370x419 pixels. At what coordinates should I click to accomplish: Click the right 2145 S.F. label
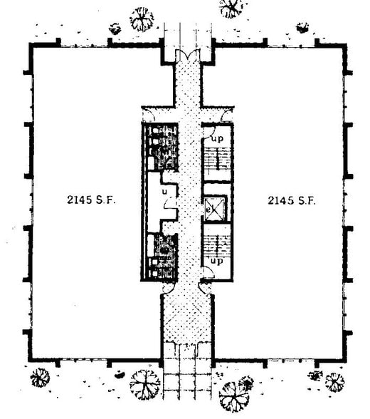coord(291,200)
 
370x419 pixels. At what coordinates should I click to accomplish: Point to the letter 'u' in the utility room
coord(164,191)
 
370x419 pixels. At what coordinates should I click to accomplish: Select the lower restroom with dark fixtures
coord(162,254)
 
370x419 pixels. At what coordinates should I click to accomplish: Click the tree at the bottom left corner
coord(41,377)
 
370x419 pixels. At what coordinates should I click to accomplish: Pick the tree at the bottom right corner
coord(334,382)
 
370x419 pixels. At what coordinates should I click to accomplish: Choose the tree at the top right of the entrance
coord(231,8)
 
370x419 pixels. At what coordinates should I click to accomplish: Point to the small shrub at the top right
coord(303,29)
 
